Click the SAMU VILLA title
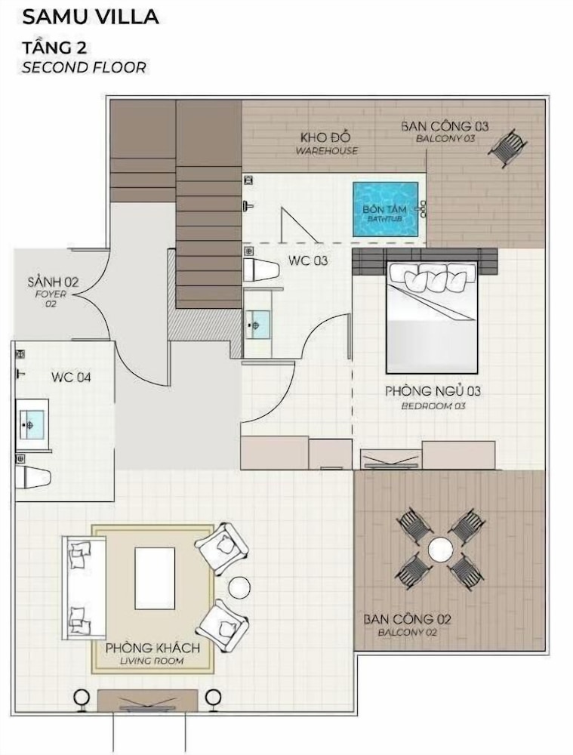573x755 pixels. click(91, 17)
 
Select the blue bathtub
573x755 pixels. click(385, 209)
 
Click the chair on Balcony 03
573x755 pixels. click(507, 148)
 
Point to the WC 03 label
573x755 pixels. click(308, 260)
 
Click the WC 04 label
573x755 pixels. click(71, 377)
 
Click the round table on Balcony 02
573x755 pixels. click(440, 549)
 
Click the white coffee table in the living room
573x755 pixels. click(155, 578)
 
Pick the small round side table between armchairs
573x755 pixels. click(239, 587)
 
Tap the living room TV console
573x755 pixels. click(147, 701)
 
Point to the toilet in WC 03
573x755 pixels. click(260, 270)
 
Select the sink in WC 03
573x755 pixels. click(257, 325)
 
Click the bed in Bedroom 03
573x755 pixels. click(432, 317)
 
